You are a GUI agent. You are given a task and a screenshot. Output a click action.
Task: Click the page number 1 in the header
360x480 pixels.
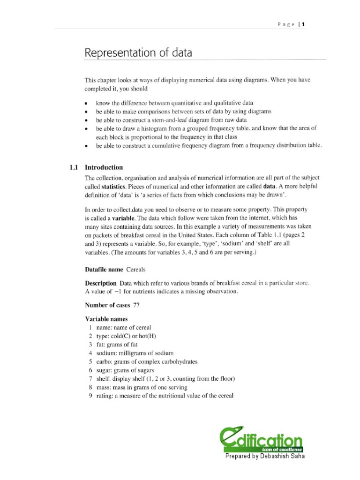pyautogui.click(x=303, y=25)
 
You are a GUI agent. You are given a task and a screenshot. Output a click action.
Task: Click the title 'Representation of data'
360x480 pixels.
pyautogui.click(x=138, y=52)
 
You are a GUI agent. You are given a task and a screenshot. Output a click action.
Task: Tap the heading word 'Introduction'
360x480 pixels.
pyautogui.click(x=104, y=167)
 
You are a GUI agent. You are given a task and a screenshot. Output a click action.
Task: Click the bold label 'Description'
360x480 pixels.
pyautogui.click(x=100, y=283)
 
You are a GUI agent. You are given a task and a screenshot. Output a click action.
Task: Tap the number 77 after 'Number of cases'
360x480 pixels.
pyautogui.click(x=137, y=305)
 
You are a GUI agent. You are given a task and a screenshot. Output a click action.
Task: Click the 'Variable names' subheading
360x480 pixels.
pyautogui.click(x=106, y=319)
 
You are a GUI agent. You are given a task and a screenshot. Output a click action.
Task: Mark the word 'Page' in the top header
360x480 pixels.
pyautogui.click(x=286, y=25)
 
